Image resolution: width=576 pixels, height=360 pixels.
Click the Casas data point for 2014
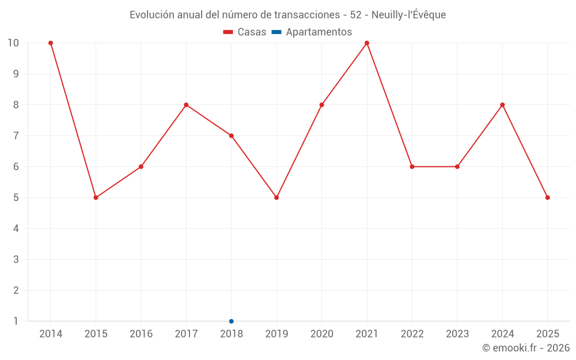[51, 43]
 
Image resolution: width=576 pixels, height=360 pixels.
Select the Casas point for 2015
[96, 198]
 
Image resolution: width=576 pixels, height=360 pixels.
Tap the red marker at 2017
[186, 105]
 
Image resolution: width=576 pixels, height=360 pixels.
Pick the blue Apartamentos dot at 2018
[232, 321]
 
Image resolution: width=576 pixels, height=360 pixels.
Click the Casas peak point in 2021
[367, 43]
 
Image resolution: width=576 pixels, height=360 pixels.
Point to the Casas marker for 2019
[276, 198]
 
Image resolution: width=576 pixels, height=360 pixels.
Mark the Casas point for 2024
[502, 105]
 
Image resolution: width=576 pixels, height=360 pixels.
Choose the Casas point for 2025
[547, 198]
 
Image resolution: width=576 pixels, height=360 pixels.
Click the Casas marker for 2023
[457, 166]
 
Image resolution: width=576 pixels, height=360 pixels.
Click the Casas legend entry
[245, 32]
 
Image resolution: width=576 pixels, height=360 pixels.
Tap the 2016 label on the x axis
[141, 334]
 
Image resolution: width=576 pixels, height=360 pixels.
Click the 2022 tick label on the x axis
[412, 334]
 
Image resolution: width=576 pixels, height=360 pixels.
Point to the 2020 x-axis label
[321, 334]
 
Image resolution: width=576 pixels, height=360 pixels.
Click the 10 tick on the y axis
[13, 43]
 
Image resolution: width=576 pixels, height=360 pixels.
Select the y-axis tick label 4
[16, 229]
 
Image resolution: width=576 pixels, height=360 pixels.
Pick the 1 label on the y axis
[16, 321]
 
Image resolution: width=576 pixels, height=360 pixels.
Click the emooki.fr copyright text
[525, 348]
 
